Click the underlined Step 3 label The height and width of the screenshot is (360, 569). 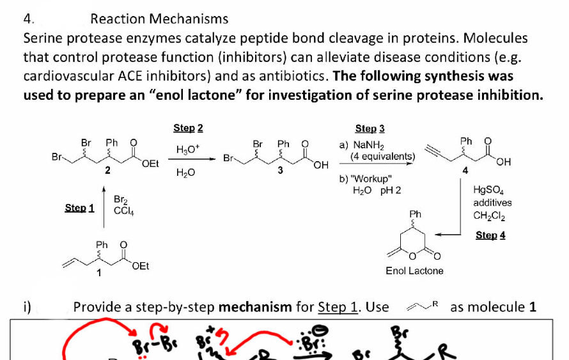(x=370, y=129)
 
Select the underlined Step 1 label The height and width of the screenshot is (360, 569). (x=79, y=208)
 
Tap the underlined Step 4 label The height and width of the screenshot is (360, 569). (x=490, y=235)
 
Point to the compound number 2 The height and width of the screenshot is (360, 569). (x=107, y=170)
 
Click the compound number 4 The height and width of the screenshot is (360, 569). (x=465, y=170)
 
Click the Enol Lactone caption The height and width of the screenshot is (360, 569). (x=414, y=271)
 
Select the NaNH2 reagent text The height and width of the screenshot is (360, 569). (x=368, y=146)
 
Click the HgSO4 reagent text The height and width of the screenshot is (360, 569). (x=488, y=190)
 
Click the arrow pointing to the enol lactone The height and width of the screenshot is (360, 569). (x=448, y=234)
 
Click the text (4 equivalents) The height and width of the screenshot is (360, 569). (x=383, y=156)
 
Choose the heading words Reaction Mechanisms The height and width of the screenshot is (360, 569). (x=159, y=19)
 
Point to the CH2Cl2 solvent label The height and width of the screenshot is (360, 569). (x=488, y=215)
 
